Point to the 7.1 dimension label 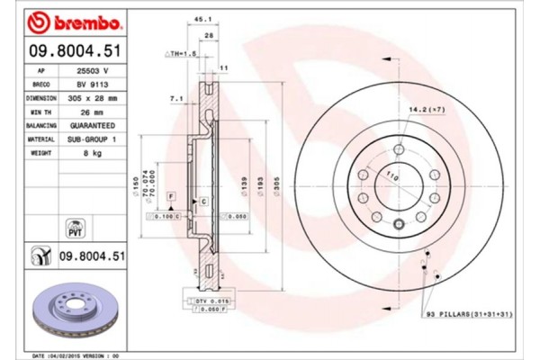[175, 97]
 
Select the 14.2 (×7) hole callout [427, 109]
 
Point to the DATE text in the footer [40, 355]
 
